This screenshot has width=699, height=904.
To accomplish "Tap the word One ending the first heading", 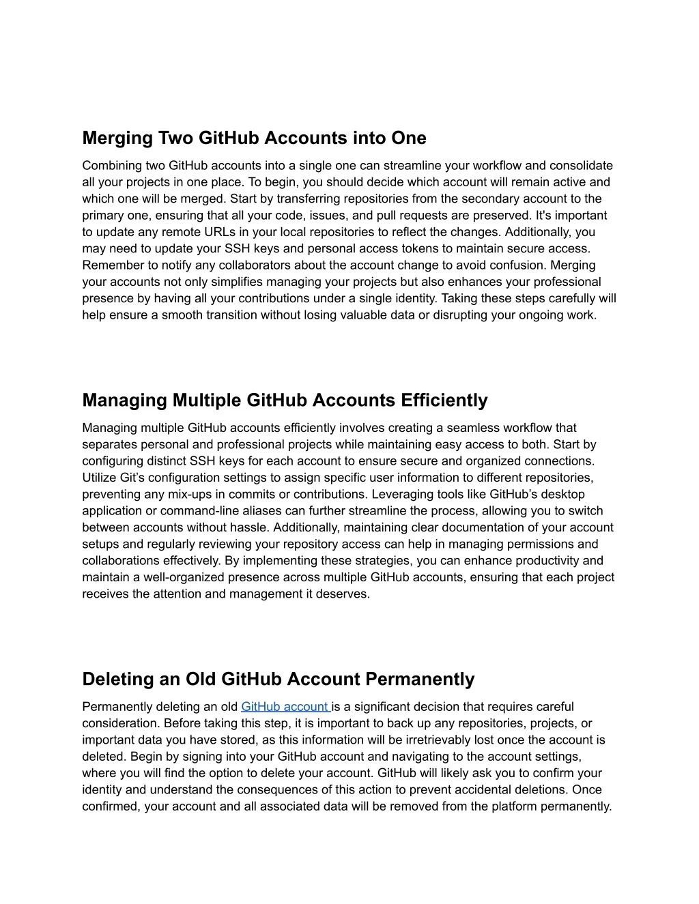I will click(409, 138).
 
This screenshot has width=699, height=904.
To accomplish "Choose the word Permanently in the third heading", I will click(420, 680).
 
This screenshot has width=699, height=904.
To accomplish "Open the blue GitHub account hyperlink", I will click(285, 707).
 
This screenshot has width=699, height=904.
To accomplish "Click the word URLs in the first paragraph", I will click(216, 232).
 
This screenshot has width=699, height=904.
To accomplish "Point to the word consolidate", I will click(581, 166).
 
